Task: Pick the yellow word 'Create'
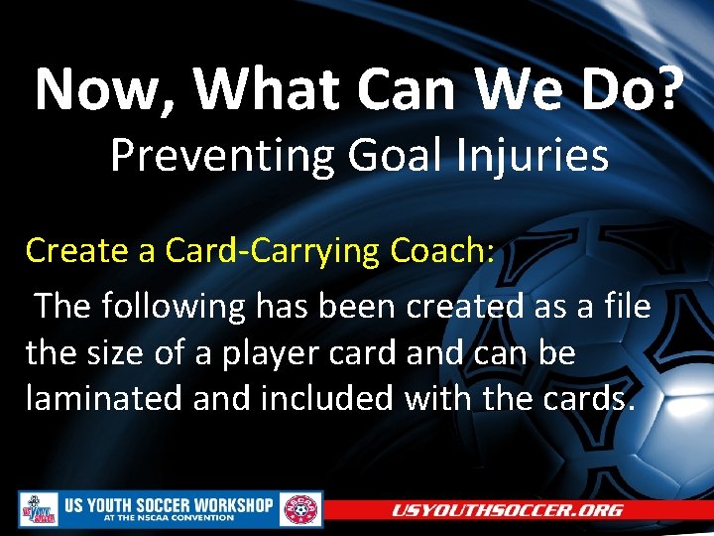(76, 251)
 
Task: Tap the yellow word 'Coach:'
(441, 251)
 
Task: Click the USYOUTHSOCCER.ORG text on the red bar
(507, 510)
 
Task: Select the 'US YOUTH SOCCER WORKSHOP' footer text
(169, 504)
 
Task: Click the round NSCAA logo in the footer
(300, 510)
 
